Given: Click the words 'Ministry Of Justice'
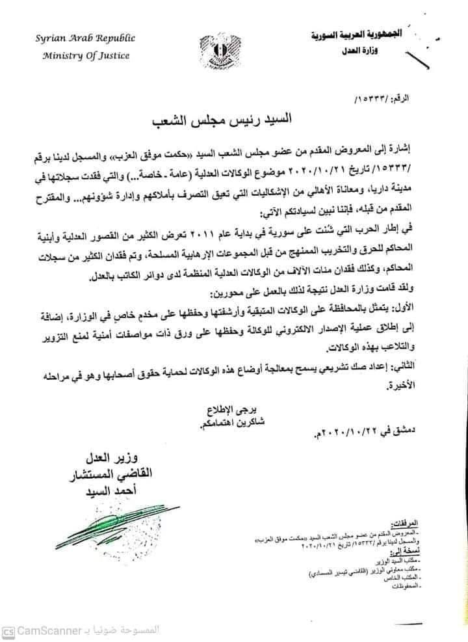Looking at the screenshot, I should tap(86, 55).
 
